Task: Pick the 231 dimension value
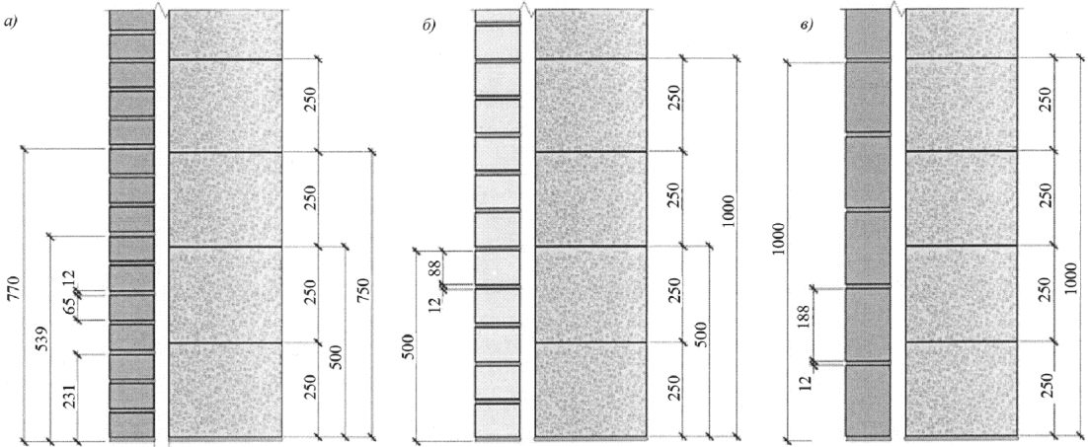[x=69, y=395]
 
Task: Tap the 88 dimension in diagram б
[x=435, y=267]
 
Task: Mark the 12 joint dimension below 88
[x=435, y=302]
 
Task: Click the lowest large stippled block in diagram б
[x=591, y=390]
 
